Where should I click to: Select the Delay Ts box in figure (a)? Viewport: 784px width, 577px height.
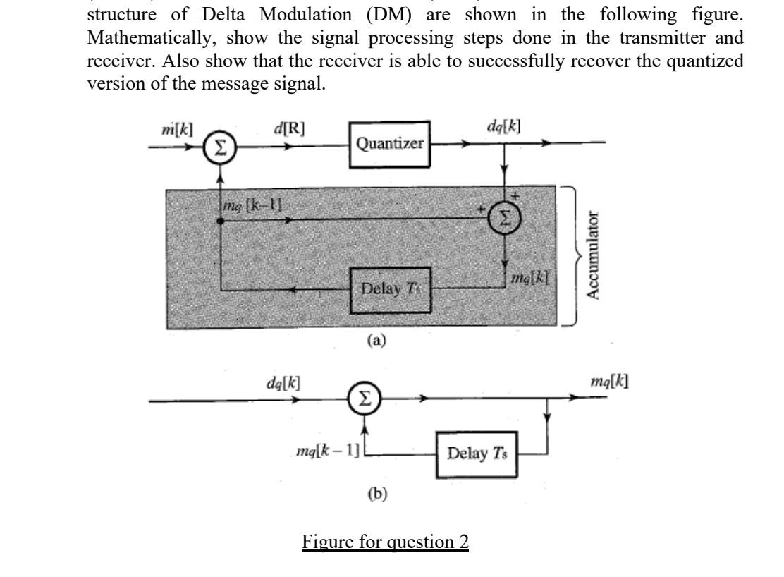(391, 288)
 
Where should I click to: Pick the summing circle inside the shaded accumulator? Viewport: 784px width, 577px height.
(503, 219)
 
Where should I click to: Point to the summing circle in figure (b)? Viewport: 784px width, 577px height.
(365, 401)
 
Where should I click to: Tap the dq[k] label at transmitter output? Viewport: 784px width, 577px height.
(505, 126)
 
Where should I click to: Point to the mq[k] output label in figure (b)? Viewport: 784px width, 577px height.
(611, 381)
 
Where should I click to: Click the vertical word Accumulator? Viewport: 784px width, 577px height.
(598, 255)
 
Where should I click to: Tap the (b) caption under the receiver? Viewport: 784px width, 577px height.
(378, 494)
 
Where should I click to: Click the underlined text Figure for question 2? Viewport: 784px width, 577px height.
(386, 544)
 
